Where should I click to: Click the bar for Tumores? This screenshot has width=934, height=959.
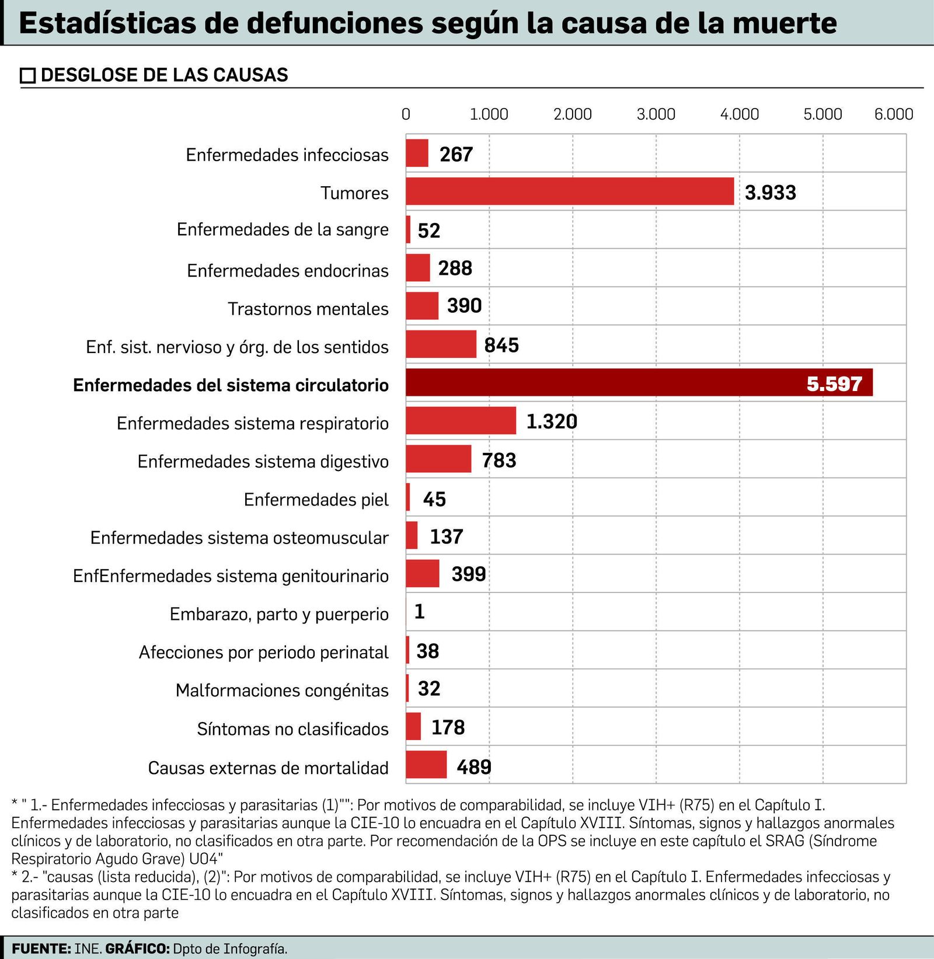click(570, 191)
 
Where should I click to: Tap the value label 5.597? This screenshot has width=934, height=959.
click(834, 384)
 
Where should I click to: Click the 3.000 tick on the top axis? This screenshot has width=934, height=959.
click(656, 114)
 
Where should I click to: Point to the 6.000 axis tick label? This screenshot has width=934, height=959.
click(893, 114)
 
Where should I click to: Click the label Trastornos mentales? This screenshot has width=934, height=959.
click(308, 309)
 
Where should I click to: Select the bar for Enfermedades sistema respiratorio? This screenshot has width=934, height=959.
click(461, 421)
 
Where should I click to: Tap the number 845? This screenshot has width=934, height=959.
click(501, 346)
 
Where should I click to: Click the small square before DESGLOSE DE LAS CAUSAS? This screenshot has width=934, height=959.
click(27, 76)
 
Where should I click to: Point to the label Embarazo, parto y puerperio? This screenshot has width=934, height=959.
click(279, 614)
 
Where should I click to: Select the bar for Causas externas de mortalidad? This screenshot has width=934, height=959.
click(426, 765)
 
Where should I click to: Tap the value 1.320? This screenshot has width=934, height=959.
click(552, 421)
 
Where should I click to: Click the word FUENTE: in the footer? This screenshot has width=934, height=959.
click(41, 948)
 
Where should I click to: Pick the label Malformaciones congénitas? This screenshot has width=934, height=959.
click(282, 691)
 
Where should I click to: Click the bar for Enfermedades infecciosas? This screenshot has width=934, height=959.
click(417, 154)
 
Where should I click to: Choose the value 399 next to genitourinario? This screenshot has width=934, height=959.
click(468, 574)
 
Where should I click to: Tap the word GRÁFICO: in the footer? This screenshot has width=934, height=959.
click(137, 948)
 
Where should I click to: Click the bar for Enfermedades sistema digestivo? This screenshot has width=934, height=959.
click(438, 459)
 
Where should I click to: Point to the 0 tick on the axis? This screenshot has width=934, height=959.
click(406, 114)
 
